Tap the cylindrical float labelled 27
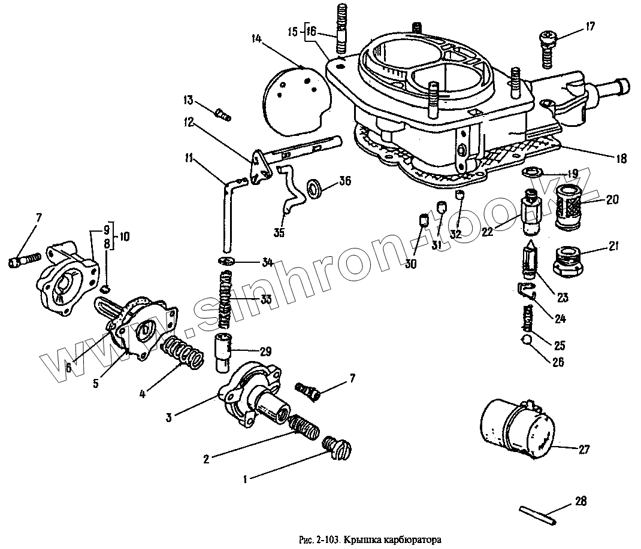[519, 429]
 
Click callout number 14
[256, 40]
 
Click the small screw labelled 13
[222, 113]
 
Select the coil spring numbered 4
[182, 353]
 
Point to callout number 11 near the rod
[188, 159]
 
